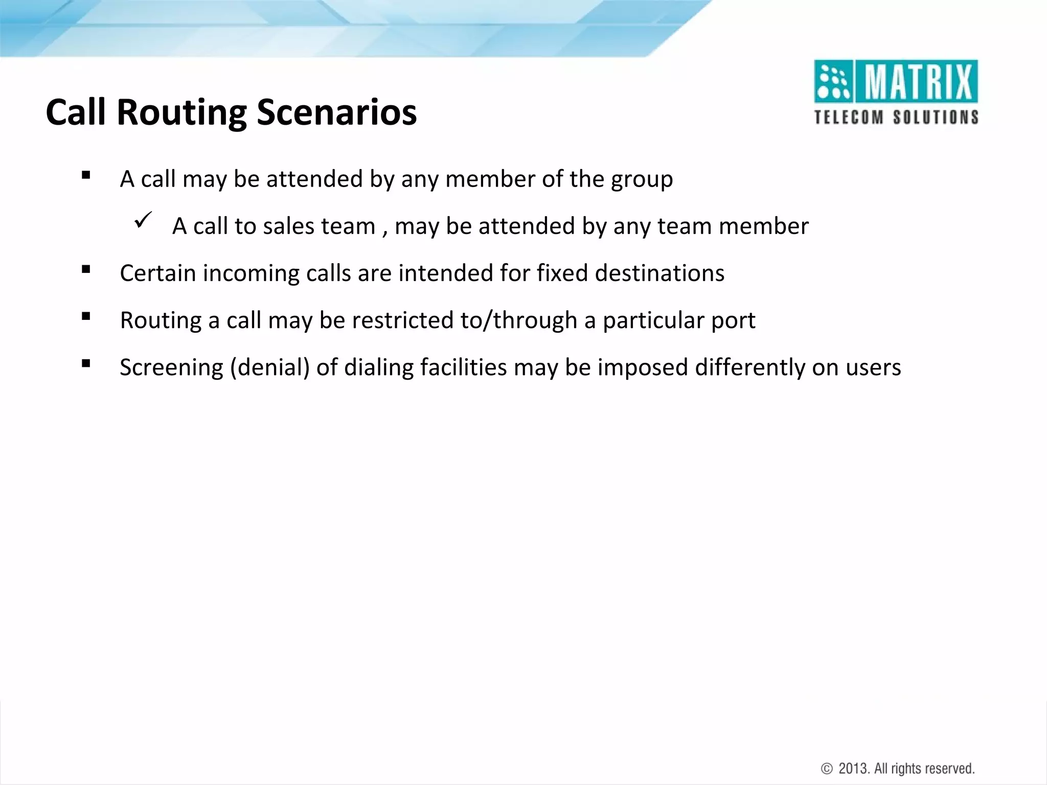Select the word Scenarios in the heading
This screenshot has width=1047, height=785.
pyautogui.click(x=336, y=112)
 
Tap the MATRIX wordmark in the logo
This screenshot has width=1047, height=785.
pyautogui.click(x=918, y=82)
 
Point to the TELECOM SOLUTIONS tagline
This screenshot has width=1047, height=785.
pyautogui.click(x=896, y=118)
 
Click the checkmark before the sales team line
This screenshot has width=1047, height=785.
pyautogui.click(x=143, y=221)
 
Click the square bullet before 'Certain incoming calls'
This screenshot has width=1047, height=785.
pyautogui.click(x=86, y=269)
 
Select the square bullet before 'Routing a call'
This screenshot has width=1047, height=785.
pyautogui.click(x=86, y=316)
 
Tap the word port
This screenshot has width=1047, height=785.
pyautogui.click(x=733, y=321)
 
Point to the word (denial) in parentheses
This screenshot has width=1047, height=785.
pyautogui.click(x=270, y=368)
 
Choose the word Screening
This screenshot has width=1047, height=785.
pyautogui.click(x=171, y=368)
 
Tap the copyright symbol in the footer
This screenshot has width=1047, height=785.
pyautogui.click(x=827, y=769)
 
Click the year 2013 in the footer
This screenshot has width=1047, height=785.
pyautogui.click(x=853, y=769)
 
